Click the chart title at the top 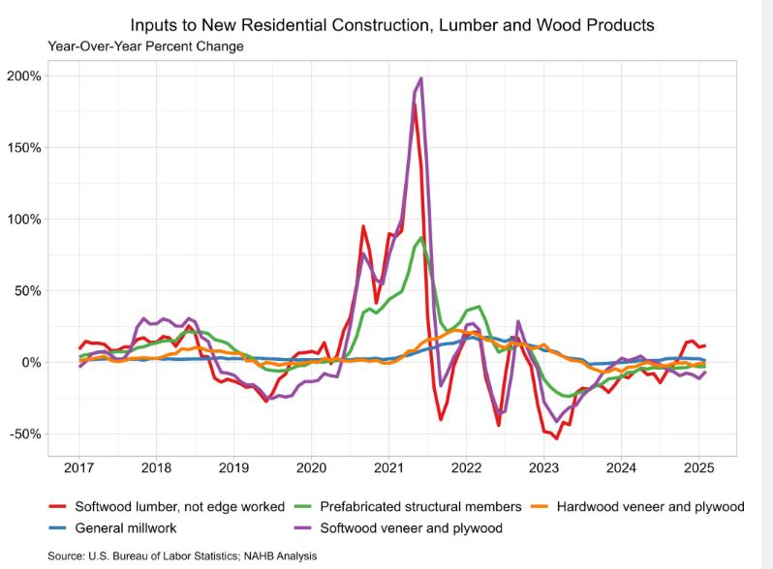(x=391, y=23)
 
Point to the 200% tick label (x=23, y=75)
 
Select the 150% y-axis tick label (x=23, y=147)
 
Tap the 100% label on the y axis (x=23, y=219)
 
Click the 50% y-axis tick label (x=27, y=290)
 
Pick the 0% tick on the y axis (x=30, y=362)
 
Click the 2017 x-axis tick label (x=78, y=469)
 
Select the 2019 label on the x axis (x=233, y=469)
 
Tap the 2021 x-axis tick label (x=388, y=469)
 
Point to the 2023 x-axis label (x=544, y=469)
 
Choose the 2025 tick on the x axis (x=699, y=469)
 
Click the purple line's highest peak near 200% (x=420, y=78)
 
